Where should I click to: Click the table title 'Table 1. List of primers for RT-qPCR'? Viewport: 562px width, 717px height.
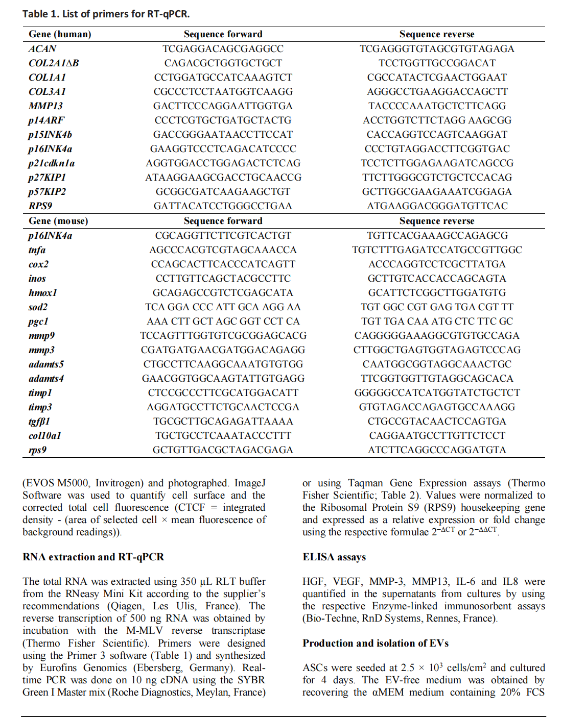[x=106, y=14]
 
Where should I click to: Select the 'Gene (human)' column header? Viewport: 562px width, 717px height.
[x=60, y=34]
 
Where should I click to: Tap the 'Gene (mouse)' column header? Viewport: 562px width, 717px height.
[x=58, y=221]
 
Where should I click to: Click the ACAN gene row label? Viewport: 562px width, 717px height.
[x=42, y=49]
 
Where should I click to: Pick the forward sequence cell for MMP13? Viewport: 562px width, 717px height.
[x=223, y=106]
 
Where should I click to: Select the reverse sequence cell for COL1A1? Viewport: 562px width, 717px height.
[x=437, y=78]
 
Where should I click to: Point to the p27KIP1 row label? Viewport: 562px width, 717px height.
[x=47, y=178]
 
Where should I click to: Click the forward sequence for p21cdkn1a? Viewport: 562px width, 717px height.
[x=223, y=163]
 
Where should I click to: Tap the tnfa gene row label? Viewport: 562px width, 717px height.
[x=37, y=250]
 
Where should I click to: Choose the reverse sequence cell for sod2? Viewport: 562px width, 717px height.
[x=437, y=307]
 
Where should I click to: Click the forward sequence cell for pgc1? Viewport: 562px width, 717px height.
[x=223, y=322]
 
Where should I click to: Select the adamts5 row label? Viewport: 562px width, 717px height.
[x=46, y=364]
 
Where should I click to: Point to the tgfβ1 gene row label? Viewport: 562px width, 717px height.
[x=39, y=422]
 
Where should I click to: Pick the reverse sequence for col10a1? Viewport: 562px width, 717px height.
[x=437, y=436]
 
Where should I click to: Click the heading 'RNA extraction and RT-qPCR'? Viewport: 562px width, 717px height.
[x=93, y=557]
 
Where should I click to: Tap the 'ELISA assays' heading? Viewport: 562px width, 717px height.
[x=334, y=557]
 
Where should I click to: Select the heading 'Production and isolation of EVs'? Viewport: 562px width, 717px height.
[x=376, y=643]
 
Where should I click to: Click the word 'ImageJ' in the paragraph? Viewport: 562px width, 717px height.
[x=250, y=483]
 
